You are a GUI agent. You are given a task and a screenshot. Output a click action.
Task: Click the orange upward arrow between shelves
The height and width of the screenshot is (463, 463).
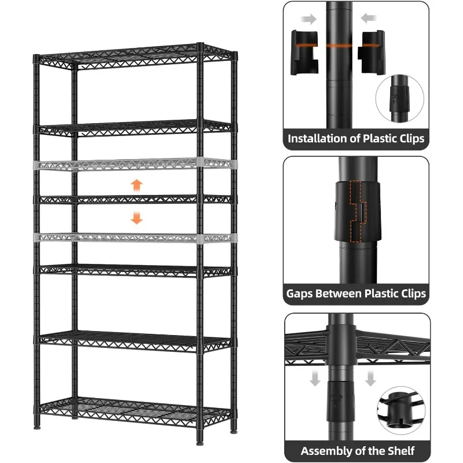pos(137,185)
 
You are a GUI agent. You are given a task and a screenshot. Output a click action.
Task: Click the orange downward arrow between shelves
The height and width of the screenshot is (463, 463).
pos(137,218)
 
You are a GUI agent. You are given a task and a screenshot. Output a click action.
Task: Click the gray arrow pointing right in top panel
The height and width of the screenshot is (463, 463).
pos(310,19)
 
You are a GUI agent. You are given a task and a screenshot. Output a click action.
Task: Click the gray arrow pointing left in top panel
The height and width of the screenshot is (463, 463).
pos(367,19)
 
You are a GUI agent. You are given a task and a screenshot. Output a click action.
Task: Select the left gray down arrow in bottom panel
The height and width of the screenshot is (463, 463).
pos(315,380)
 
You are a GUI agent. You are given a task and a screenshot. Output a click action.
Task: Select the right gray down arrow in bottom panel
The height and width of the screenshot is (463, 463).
pos(370,380)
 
